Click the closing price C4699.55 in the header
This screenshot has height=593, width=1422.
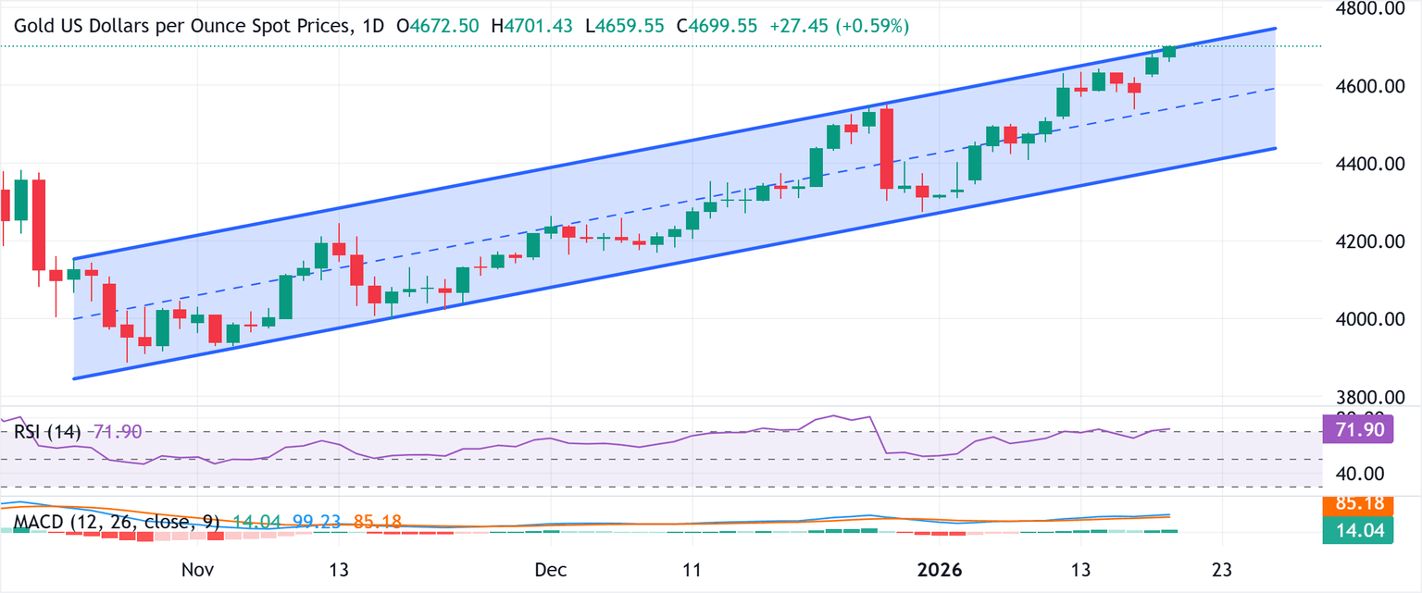coord(722,26)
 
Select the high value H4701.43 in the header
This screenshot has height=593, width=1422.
coord(534,26)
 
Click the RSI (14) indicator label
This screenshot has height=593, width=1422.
coord(47,432)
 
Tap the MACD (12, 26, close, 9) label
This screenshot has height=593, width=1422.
coord(105,522)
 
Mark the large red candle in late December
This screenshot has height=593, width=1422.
coord(886,148)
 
